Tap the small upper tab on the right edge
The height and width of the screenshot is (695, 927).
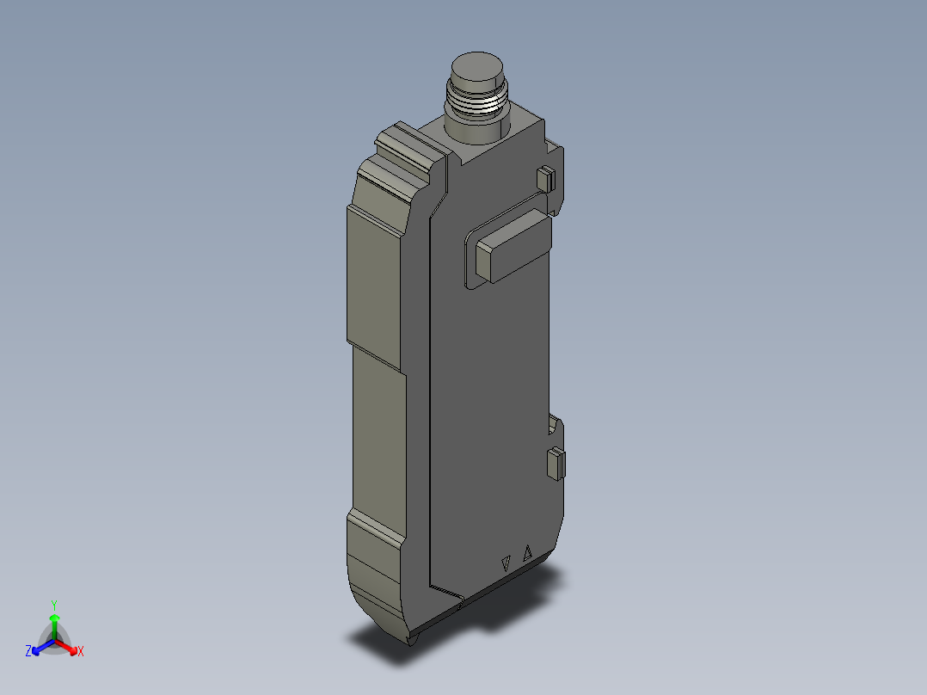point(543,179)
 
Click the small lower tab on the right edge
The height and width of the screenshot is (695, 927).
point(556,464)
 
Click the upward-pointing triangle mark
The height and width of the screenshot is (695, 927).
point(528,553)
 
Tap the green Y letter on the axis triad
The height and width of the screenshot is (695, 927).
point(53,605)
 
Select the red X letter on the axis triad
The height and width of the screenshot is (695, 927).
point(81,652)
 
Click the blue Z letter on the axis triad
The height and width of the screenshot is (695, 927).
point(28,652)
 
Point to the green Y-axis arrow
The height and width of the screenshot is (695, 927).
point(54,623)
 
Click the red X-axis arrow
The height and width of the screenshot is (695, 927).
point(68,645)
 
